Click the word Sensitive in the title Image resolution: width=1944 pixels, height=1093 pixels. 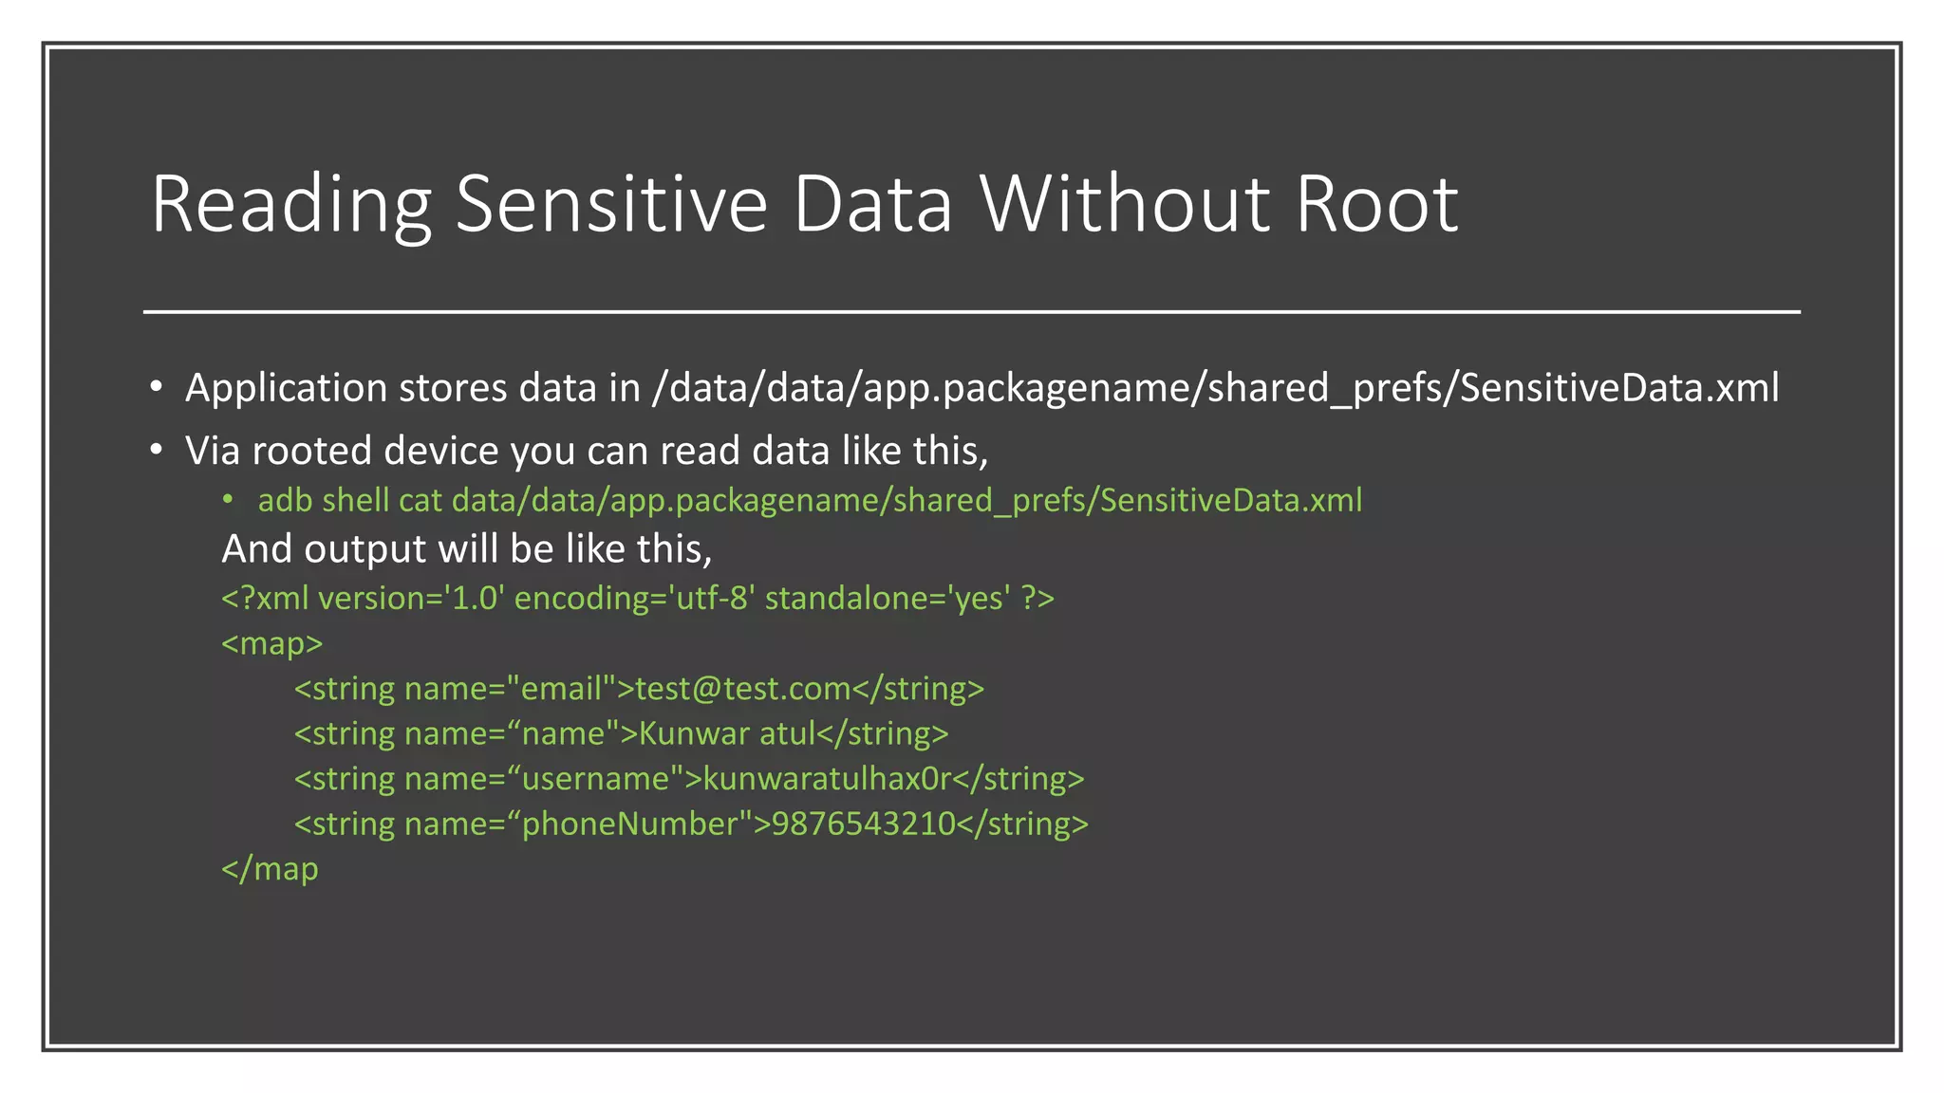[x=611, y=204]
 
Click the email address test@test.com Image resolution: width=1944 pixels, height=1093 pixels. [x=743, y=688]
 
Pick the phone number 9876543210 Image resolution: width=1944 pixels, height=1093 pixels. [x=863, y=824]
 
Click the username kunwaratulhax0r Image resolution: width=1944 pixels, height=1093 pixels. [x=827, y=778]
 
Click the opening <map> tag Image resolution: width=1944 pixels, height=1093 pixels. [x=271, y=643]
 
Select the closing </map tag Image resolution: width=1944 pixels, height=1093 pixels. [x=270, y=869]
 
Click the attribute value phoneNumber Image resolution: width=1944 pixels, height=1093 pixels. [x=629, y=824]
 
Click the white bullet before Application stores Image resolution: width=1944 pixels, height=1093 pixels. [x=157, y=387]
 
